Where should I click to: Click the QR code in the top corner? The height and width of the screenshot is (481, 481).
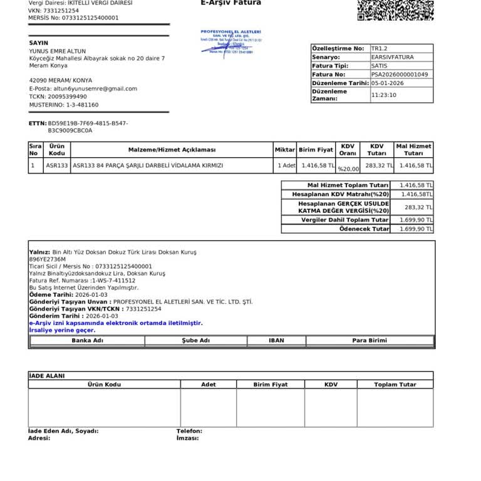[395, 10]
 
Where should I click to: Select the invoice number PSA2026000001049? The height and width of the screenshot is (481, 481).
[400, 75]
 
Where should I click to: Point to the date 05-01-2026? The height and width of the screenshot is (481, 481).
[387, 83]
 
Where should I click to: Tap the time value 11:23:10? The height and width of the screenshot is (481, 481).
[383, 95]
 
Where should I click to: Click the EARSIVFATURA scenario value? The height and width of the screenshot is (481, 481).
[392, 57]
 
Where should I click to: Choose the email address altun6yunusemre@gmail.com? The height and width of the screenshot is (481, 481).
[92, 89]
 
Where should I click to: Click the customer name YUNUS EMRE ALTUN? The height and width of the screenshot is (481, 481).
[58, 51]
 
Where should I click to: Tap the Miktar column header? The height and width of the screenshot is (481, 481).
[284, 150]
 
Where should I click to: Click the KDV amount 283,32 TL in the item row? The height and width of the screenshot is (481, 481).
[379, 166]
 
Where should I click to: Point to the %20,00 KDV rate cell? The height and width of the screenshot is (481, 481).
[348, 169]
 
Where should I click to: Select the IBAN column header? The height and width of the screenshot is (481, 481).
[276, 341]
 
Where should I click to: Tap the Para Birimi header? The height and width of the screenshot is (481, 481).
[369, 341]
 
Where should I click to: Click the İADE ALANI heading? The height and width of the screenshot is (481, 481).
[47, 376]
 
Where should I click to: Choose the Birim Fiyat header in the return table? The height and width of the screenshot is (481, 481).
[271, 385]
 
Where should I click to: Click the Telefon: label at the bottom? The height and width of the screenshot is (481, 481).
[189, 431]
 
